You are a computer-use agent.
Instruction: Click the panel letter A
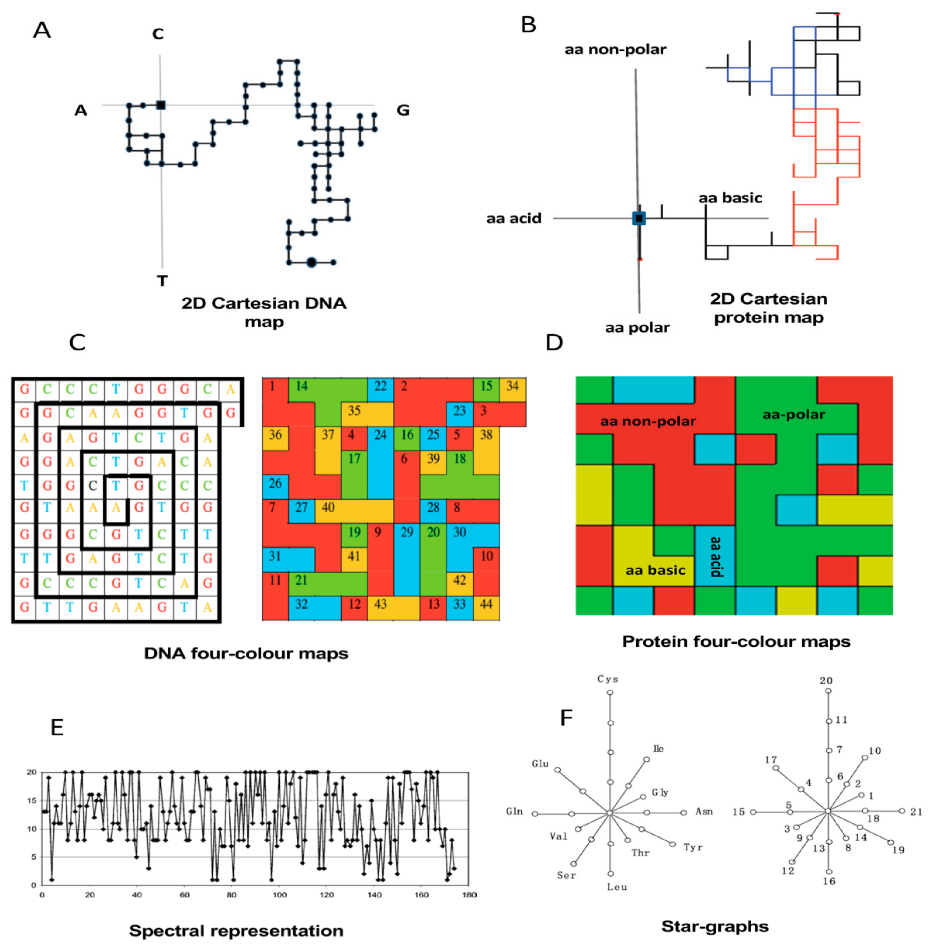(42, 30)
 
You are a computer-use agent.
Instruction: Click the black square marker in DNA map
(161, 105)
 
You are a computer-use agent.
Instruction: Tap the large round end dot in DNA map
(311, 262)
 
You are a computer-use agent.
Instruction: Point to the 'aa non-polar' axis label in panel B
(615, 50)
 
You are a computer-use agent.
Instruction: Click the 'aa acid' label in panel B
(514, 218)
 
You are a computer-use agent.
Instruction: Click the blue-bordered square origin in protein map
(639, 218)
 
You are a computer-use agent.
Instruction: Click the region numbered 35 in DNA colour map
(354, 410)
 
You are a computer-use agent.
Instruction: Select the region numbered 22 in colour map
(381, 386)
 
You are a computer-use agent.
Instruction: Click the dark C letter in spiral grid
(93, 486)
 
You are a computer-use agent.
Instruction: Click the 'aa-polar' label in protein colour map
(793, 415)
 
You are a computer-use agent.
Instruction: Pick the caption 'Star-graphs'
(714, 926)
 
